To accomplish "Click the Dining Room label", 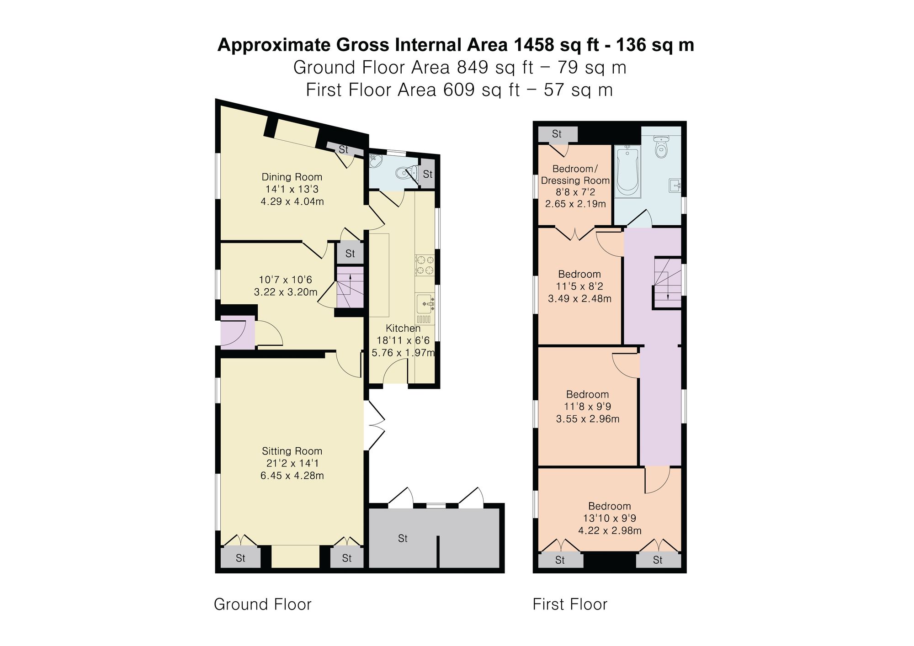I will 292,177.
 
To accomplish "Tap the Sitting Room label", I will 292,451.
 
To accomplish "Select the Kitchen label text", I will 403,328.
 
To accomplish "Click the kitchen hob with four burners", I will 425,265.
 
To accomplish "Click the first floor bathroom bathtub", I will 627,171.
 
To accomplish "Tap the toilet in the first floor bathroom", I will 661,147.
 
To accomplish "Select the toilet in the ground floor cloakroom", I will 404,173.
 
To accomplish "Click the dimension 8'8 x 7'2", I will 575,192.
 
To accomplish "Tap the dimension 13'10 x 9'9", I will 609,518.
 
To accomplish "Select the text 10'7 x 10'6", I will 285,280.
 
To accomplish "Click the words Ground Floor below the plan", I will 262,604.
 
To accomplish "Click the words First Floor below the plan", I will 569,604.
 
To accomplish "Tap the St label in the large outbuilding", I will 402,538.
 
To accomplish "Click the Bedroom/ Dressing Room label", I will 575,175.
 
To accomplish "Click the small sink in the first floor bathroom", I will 675,185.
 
